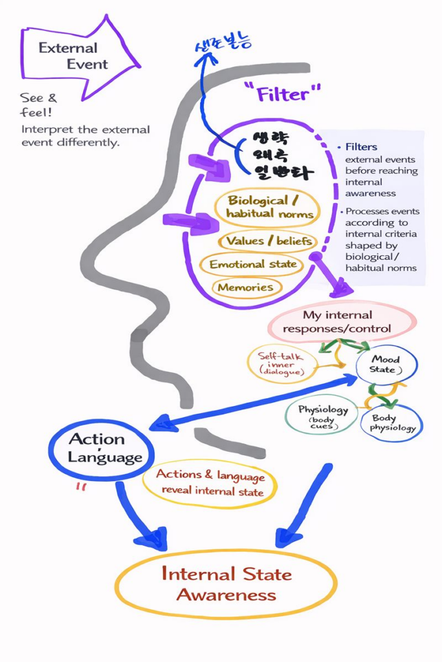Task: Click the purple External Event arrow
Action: [78, 56]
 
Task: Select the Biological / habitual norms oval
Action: [267, 207]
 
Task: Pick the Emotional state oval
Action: [252, 264]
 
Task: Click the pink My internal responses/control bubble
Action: [338, 322]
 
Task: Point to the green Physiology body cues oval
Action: [322, 414]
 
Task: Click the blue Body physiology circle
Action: [392, 423]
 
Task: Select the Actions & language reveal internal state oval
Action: [210, 484]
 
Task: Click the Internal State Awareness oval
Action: [226, 584]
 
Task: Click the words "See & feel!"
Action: [38, 105]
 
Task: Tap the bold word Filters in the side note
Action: [361, 147]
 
